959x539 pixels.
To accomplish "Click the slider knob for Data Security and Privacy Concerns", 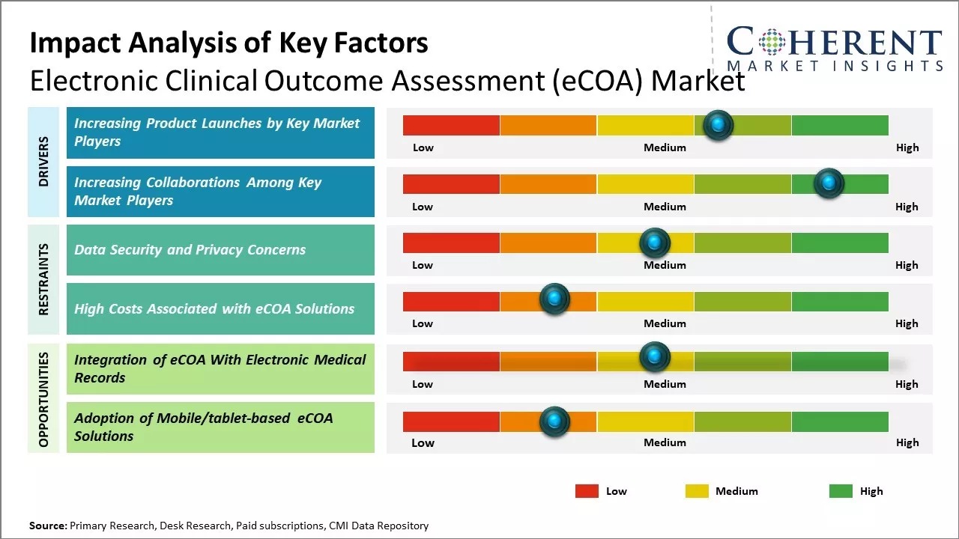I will (x=654, y=243).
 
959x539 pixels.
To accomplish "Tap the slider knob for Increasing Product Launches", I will (x=719, y=125).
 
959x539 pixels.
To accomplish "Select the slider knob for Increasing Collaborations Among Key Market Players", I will (x=829, y=183).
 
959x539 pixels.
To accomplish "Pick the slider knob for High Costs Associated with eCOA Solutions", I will (x=554, y=299).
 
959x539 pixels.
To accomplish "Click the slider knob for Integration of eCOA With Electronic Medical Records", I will (x=654, y=357).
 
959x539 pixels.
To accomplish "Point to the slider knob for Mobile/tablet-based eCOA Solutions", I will (x=554, y=421).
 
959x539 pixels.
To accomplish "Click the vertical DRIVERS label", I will (x=43, y=162).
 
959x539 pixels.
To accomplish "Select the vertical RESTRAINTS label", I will (x=43, y=279).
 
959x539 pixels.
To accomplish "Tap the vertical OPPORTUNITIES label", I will (x=43, y=400).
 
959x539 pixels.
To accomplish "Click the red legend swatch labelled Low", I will (x=587, y=491).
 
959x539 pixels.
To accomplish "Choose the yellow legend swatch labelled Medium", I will (x=697, y=491).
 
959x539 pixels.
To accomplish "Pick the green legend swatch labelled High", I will (x=841, y=491).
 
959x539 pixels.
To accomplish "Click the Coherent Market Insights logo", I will (x=834, y=49).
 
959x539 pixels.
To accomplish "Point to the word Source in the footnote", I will (x=47, y=526).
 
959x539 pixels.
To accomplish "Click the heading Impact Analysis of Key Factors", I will (x=229, y=43).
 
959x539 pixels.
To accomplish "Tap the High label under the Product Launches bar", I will (x=907, y=147).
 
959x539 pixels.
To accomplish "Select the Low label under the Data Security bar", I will (x=423, y=265).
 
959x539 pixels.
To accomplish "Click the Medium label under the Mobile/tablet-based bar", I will (x=665, y=442).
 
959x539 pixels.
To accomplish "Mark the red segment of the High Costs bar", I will (x=451, y=302).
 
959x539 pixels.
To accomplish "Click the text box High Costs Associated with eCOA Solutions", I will (x=220, y=308).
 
